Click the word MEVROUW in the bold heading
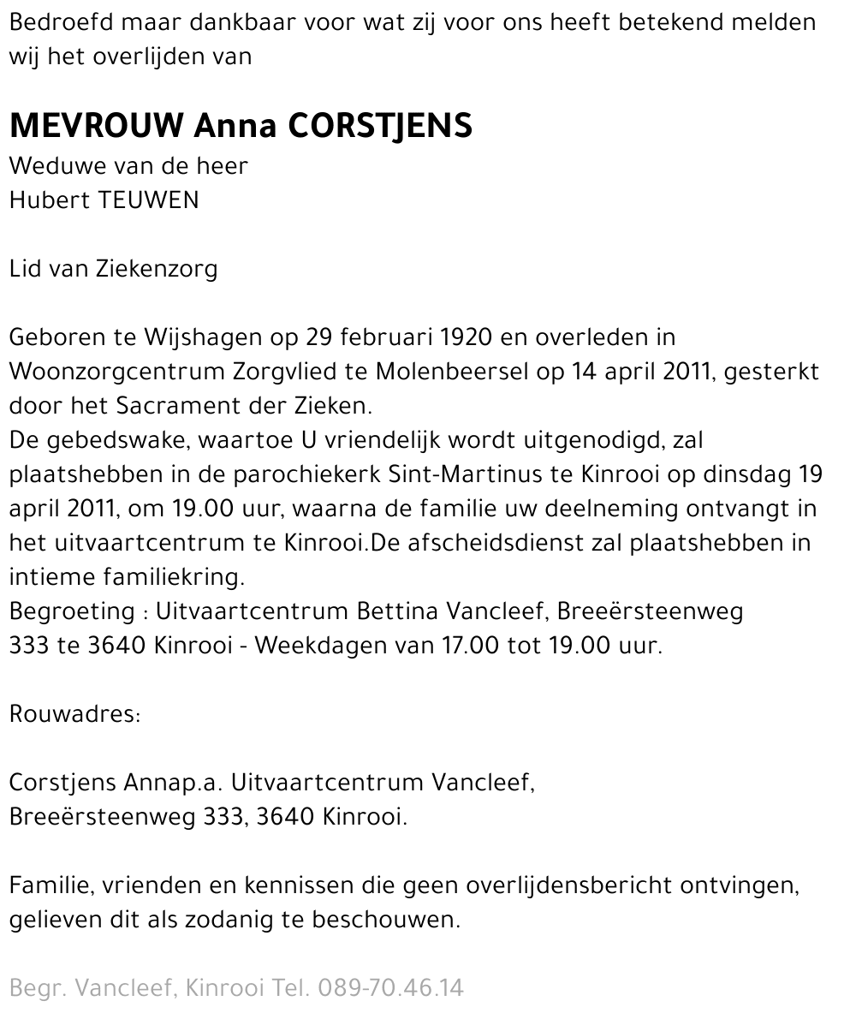(97, 127)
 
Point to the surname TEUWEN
(149, 200)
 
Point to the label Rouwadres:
(74, 714)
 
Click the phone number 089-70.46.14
(390, 988)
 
